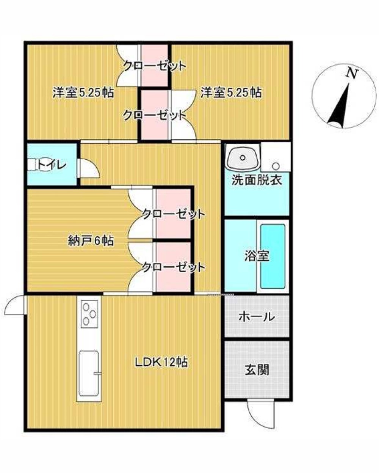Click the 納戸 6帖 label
(91, 240)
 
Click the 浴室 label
(257, 256)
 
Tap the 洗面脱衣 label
(257, 180)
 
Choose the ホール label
(257, 316)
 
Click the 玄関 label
(257, 369)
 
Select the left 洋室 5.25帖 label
(83, 92)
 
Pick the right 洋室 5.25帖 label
(231, 92)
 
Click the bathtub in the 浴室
(273, 256)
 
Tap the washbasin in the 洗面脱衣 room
(243, 157)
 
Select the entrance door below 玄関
(259, 414)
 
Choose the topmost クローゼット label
(155, 66)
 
